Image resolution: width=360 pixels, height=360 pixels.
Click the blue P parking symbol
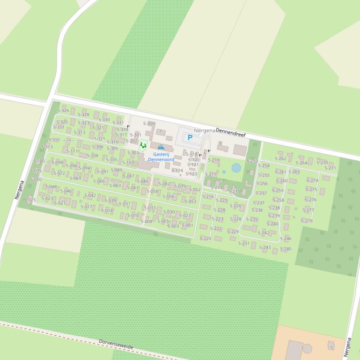(190, 137)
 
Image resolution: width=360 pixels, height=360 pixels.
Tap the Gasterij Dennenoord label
(161, 157)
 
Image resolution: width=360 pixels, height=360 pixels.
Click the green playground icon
(143, 145)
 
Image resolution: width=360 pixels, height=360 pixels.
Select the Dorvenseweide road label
(116, 345)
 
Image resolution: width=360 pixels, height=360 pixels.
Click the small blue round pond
(236, 167)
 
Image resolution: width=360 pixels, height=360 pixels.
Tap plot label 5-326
(63, 111)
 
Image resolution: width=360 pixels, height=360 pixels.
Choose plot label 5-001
(187, 225)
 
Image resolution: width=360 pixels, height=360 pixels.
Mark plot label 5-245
(286, 249)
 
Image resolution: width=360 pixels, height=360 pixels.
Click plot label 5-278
(307, 221)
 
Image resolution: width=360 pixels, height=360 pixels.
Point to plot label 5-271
(330, 168)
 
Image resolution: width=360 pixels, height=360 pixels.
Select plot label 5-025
(29, 200)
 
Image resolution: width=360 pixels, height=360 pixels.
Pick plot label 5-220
(206, 238)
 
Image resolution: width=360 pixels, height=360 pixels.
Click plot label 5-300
(148, 123)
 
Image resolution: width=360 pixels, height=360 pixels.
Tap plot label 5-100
(39, 161)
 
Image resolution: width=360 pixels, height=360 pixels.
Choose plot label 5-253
(252, 161)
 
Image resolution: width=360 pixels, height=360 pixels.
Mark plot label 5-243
(265, 247)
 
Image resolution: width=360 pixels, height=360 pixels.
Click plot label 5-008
(147, 221)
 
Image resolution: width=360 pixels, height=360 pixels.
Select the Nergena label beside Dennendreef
(204, 130)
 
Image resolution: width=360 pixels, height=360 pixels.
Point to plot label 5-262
(280, 158)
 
